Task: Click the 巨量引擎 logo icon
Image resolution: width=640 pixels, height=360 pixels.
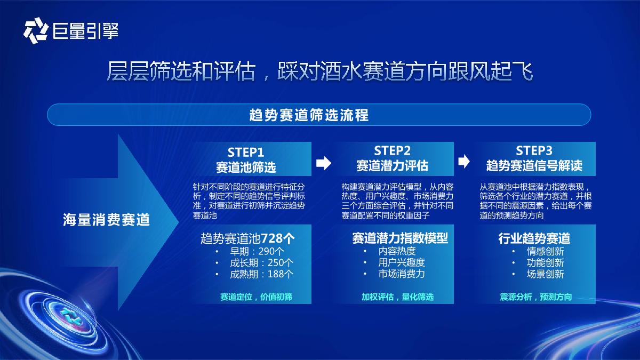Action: (36, 30)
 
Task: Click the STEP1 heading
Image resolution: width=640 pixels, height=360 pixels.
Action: (246, 152)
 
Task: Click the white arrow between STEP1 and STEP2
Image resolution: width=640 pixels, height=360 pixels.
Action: (324, 163)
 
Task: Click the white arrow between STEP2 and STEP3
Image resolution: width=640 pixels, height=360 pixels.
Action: (465, 161)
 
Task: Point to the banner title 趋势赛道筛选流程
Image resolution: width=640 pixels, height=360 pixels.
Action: (309, 115)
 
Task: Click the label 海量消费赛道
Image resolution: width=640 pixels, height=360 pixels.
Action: (107, 219)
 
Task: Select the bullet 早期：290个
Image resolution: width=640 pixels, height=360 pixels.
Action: (257, 251)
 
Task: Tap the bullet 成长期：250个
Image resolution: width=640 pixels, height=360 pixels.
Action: (261, 263)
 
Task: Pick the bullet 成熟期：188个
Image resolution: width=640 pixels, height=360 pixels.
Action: (261, 275)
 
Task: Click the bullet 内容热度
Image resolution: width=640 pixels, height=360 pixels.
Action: (397, 251)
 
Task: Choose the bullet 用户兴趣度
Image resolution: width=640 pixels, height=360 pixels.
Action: (402, 263)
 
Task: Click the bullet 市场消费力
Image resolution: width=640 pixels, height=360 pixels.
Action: (402, 275)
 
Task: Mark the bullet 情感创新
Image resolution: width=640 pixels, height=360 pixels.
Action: (545, 251)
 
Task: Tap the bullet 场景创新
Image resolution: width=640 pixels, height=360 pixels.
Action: (545, 275)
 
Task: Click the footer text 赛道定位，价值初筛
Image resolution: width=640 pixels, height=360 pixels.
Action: (256, 297)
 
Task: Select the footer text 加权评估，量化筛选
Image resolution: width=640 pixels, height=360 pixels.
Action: (397, 297)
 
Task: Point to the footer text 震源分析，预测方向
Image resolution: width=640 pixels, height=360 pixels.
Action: (535, 297)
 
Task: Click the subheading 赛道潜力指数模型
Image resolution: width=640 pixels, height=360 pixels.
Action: (400, 238)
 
